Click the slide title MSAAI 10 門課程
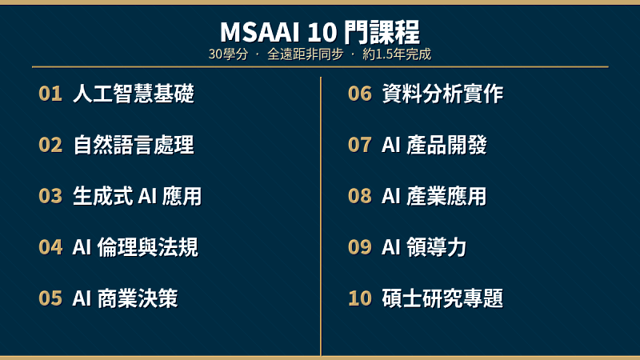click(320, 32)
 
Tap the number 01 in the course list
click(50, 94)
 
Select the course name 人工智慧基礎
click(134, 94)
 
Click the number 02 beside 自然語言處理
click(50, 146)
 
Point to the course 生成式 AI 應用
click(137, 197)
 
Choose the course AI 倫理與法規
click(135, 248)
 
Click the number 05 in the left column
click(50, 299)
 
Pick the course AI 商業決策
click(125, 299)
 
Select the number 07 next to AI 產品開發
click(360, 146)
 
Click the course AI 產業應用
click(434, 197)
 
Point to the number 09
click(360, 248)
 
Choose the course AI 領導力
click(424, 248)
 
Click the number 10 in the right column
click(360, 299)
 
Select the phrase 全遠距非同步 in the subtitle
click(305, 55)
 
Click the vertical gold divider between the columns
click(321, 216)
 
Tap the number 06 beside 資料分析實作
click(360, 94)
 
